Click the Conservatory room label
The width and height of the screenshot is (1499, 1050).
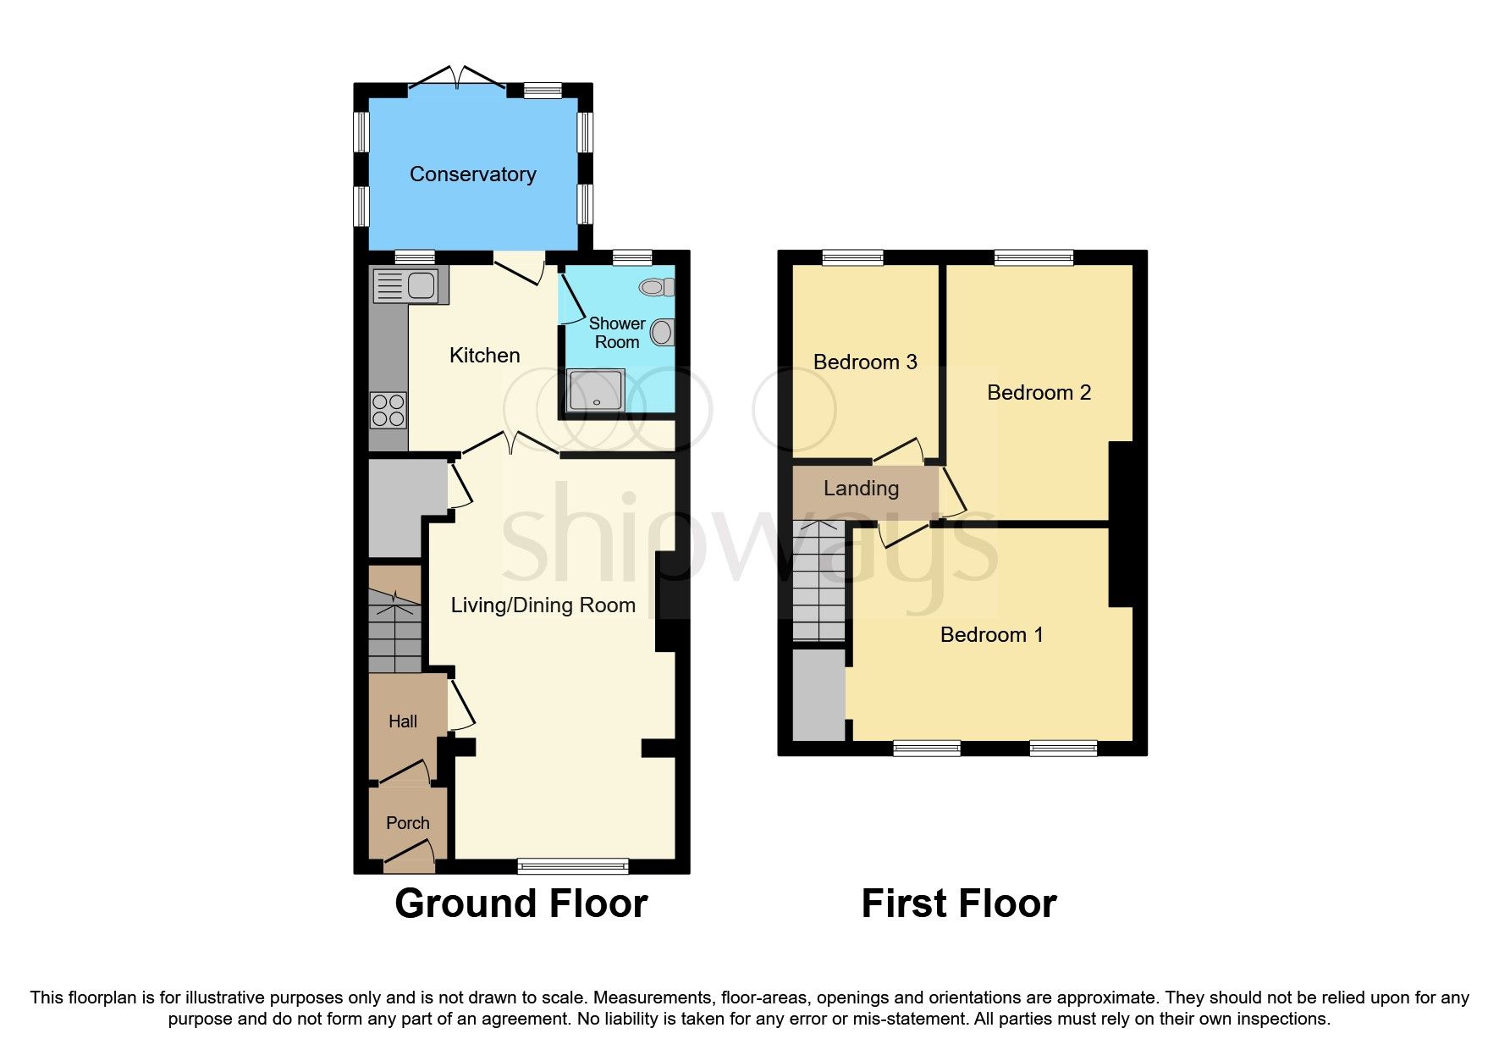[x=472, y=174]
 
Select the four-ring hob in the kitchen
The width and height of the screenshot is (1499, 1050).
[x=389, y=411]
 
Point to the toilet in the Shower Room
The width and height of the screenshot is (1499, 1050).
[x=657, y=288]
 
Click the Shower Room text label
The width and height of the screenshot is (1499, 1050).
[x=617, y=333]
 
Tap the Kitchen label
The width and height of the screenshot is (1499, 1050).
[x=484, y=356]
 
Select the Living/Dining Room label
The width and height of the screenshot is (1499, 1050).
[x=543, y=605]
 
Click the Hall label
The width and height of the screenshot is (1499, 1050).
[x=403, y=721]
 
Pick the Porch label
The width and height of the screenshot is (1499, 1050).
[x=407, y=823]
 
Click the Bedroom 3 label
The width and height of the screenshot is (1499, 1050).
[x=865, y=362]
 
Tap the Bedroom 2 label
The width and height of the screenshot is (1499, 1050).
[x=1039, y=393]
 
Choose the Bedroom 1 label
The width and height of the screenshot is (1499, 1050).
[x=991, y=635]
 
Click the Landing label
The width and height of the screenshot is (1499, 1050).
[x=861, y=489]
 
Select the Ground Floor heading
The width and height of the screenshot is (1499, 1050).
[x=521, y=904]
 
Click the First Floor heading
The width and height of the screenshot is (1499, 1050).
[x=958, y=904]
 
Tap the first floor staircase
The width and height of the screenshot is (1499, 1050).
[x=818, y=584]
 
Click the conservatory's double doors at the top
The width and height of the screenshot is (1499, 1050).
[x=457, y=82]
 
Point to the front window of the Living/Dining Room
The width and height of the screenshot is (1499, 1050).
[x=573, y=865]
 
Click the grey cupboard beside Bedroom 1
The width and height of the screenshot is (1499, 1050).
[x=818, y=694]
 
